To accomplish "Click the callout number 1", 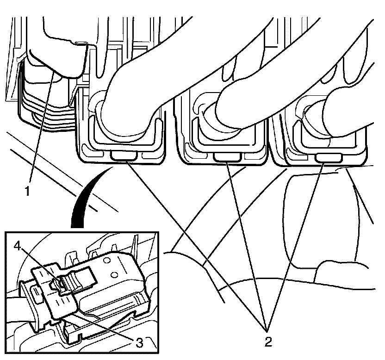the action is (x=28, y=191).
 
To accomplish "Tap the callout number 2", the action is (x=268, y=341).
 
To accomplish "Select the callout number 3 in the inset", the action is (x=139, y=342).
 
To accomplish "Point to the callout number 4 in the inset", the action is (x=18, y=246).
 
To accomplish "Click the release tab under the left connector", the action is (x=124, y=155).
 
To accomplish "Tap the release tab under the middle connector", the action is (x=227, y=157).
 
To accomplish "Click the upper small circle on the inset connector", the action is (x=106, y=260).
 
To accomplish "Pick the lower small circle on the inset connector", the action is (x=114, y=275).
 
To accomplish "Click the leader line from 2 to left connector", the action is (x=196, y=243).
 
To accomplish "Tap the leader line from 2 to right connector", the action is (x=295, y=245).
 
